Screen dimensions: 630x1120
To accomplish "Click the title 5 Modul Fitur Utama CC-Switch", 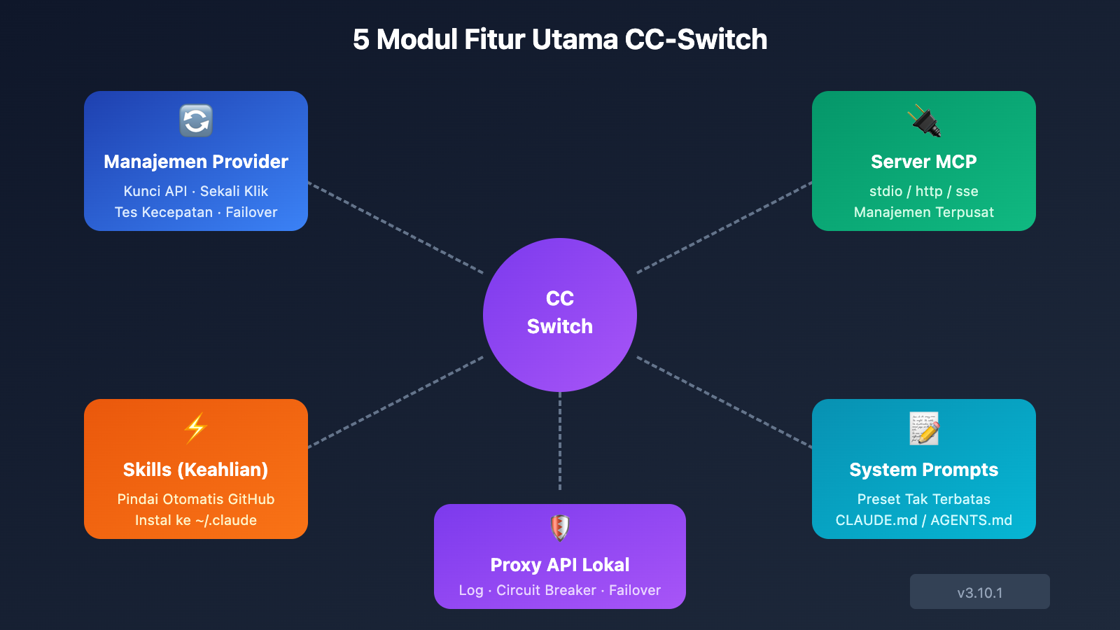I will [x=560, y=40].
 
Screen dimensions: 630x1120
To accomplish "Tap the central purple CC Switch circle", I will [x=560, y=315].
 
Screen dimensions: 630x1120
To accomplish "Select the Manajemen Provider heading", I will [x=196, y=162].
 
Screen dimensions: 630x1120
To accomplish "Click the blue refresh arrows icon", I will [x=196, y=121].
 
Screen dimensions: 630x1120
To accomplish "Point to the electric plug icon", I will [x=924, y=121].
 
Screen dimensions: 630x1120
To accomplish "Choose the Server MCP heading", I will [x=923, y=162].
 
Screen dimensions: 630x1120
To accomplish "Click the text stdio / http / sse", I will [x=923, y=191].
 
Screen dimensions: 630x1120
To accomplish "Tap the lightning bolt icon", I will [x=196, y=428].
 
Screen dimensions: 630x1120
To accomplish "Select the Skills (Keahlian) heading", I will [x=196, y=470].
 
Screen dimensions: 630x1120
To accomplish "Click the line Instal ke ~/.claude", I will [x=196, y=520].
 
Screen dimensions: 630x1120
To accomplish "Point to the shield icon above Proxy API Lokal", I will [x=560, y=528].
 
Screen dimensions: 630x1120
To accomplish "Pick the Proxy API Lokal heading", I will [x=560, y=565].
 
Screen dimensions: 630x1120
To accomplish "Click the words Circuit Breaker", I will [x=546, y=590].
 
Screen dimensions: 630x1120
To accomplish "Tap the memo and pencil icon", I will [x=924, y=428].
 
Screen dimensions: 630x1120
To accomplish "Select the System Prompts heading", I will [x=923, y=470].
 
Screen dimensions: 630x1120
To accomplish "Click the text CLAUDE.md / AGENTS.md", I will [x=923, y=520].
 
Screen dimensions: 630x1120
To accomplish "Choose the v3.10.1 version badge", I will [x=979, y=592].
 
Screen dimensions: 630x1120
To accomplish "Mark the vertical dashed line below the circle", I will [x=560, y=441].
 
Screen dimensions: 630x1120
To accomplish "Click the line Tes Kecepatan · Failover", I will [x=196, y=212].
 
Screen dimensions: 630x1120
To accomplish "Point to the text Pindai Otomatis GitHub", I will [x=196, y=499].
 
